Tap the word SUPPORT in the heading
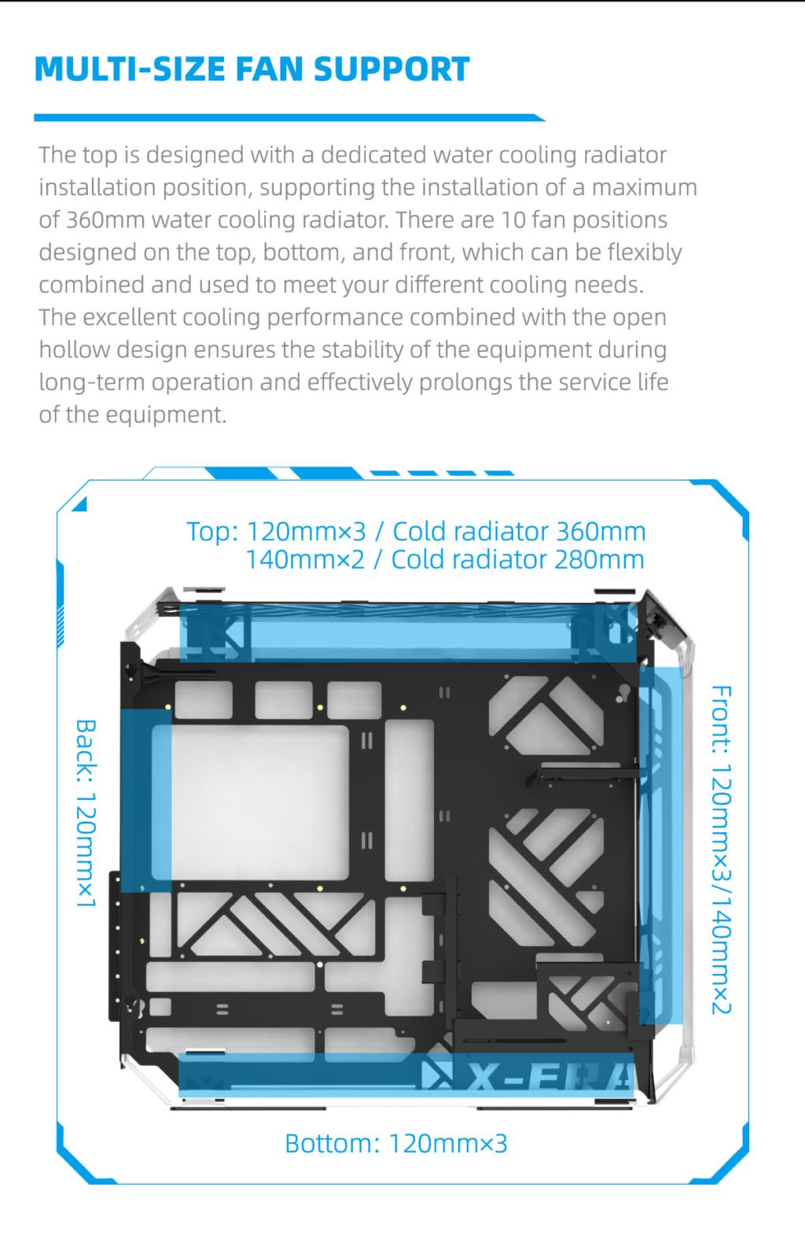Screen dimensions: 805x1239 click(391, 69)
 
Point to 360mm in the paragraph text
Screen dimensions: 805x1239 click(105, 219)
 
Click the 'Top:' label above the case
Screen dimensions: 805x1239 click(212, 532)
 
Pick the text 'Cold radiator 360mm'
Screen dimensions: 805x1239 click(519, 532)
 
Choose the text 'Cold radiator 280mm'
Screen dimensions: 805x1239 click(517, 560)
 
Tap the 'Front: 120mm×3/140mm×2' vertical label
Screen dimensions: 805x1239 click(721, 850)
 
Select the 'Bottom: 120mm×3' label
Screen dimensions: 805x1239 click(396, 1143)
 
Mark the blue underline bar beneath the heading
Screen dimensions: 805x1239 click(289, 118)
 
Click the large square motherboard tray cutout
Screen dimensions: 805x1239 click(260, 802)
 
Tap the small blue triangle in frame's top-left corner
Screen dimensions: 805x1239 click(79, 503)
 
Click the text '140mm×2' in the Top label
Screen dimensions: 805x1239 click(306, 560)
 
